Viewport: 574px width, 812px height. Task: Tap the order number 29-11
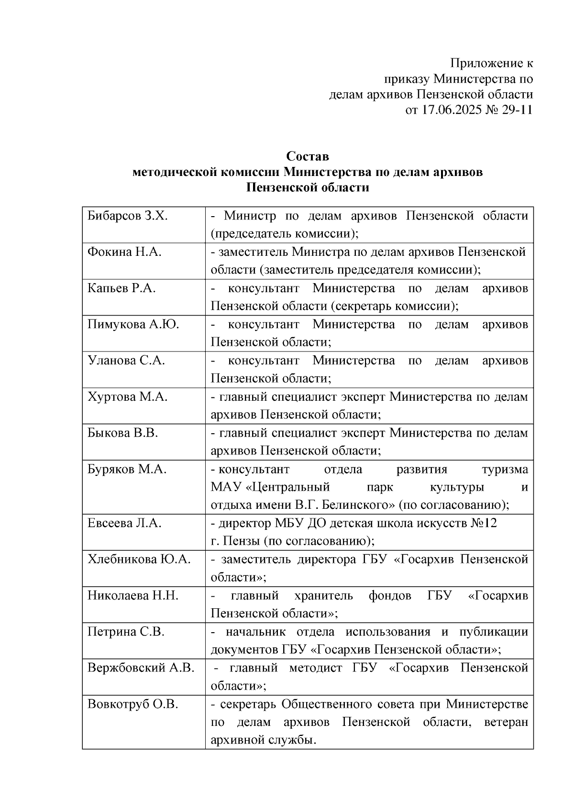click(517, 110)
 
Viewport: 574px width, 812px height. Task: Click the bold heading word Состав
click(308, 156)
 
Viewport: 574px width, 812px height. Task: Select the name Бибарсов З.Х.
click(128, 216)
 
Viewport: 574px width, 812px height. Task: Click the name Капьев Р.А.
click(121, 288)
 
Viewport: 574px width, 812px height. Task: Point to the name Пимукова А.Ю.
click(133, 325)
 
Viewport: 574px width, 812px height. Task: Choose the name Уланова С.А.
click(126, 361)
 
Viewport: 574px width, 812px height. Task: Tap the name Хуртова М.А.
click(128, 397)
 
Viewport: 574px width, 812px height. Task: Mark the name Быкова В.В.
click(123, 433)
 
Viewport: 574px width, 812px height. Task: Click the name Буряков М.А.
click(127, 470)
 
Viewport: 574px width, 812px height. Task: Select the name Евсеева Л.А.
click(124, 523)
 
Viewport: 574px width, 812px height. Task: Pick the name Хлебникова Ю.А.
click(139, 560)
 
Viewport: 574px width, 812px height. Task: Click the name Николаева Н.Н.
click(133, 596)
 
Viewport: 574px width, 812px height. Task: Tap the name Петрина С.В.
click(126, 632)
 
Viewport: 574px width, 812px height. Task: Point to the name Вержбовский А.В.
click(141, 668)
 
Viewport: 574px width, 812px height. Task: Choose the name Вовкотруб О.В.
click(133, 704)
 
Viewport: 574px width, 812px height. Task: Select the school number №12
click(484, 523)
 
